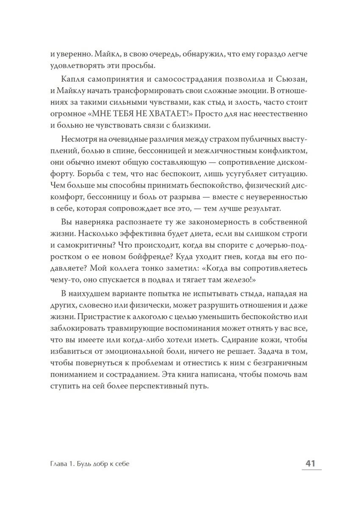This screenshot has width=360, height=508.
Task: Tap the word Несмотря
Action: coord(78,140)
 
